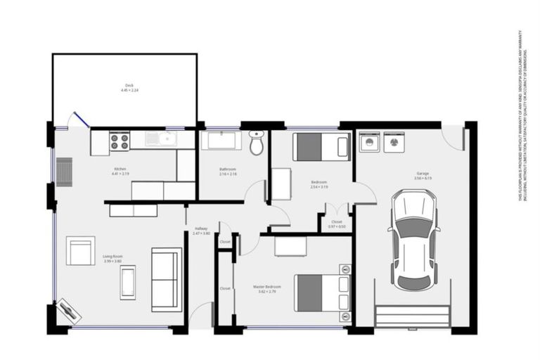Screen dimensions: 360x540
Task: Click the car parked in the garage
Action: (413, 240)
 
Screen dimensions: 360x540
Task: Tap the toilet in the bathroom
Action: (257, 143)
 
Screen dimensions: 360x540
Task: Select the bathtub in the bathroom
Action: (221, 141)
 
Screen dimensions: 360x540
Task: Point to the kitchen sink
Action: (160, 139)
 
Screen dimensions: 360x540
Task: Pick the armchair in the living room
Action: (80, 251)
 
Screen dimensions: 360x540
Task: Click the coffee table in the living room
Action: (128, 282)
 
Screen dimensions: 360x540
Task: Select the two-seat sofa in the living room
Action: (167, 279)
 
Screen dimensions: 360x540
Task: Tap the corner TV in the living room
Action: (69, 309)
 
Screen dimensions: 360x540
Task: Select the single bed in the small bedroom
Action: (321, 147)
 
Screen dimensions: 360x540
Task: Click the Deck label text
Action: (129, 86)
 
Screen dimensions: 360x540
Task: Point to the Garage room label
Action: (422, 173)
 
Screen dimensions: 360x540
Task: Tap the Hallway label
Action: (201, 228)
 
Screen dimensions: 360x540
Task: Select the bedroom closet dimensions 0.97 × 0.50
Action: (337, 226)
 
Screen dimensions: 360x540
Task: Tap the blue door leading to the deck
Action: (78, 120)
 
